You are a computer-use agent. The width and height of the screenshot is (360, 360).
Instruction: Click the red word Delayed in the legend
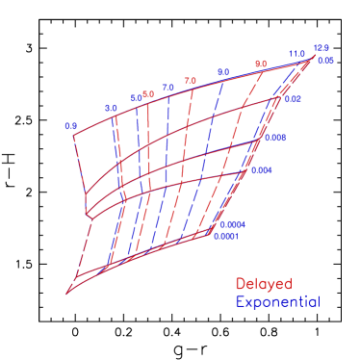263,285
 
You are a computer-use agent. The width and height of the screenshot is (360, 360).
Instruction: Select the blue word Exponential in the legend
277,302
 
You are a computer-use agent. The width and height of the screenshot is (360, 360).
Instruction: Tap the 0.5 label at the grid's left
70,126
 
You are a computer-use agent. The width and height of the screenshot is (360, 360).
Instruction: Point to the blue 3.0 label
111,108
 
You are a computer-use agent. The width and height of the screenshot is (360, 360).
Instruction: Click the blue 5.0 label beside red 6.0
136,98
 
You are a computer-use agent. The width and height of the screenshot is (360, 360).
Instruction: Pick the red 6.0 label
148,93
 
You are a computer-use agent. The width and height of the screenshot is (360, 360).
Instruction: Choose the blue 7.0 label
168,88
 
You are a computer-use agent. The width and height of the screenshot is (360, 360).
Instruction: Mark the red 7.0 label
190,81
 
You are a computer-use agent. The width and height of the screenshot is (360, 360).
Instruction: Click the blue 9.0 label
222,72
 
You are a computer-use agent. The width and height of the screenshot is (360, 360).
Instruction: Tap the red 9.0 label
260,64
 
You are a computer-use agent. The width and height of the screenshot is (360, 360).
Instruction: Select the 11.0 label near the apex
296,54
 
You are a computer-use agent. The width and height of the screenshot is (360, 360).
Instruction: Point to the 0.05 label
325,61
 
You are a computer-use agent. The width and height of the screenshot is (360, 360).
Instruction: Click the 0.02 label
294,99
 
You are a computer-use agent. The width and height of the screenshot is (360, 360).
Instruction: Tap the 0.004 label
261,171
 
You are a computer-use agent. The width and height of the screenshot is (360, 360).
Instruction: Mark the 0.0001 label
226,236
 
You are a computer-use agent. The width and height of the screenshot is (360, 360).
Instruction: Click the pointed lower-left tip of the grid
66,293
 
